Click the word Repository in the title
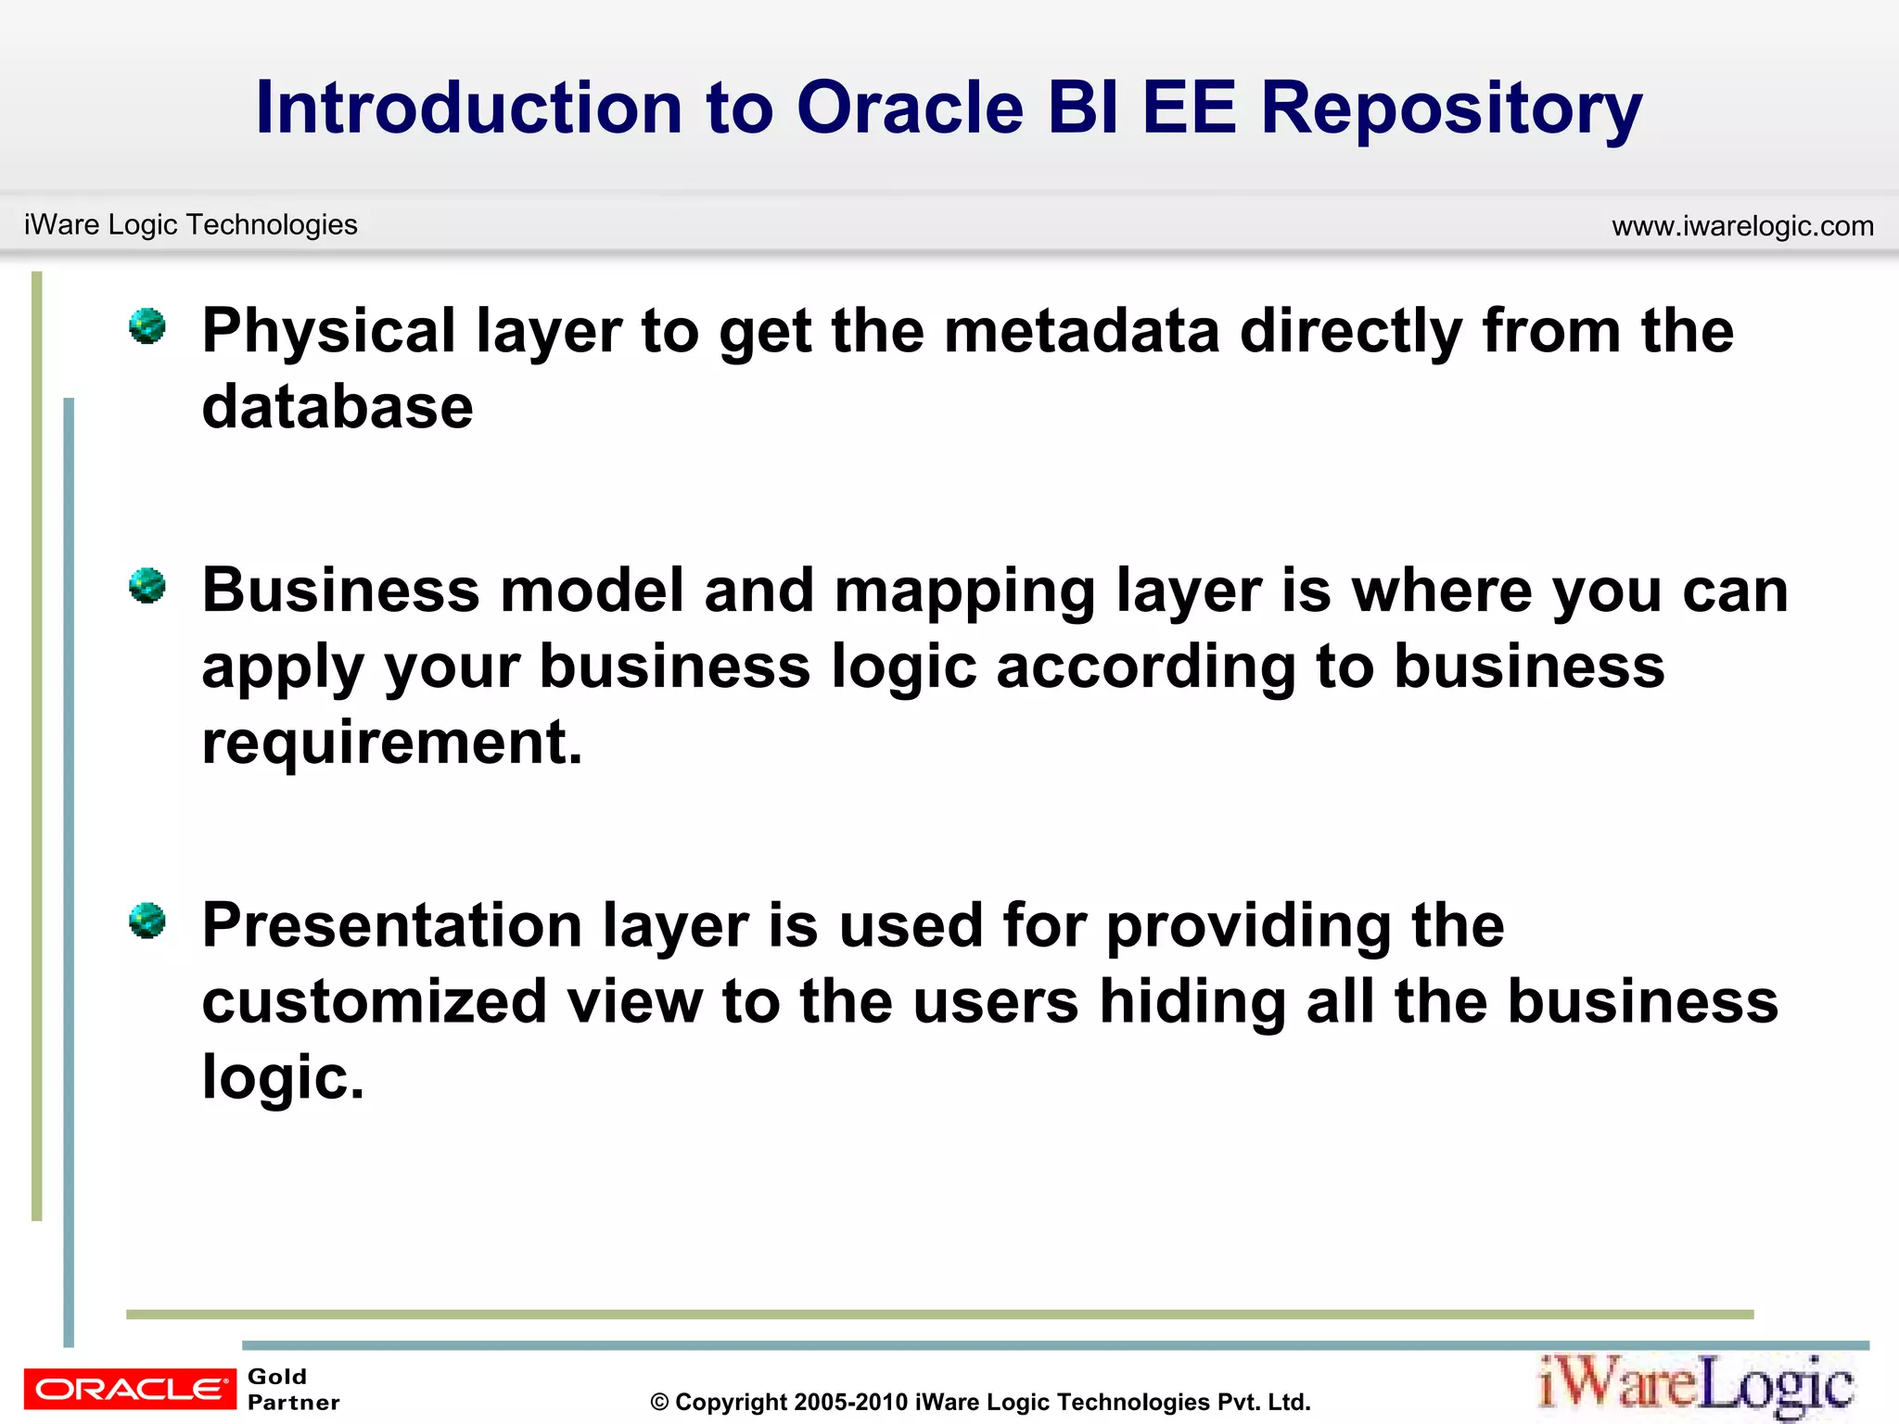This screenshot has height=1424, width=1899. click(x=1451, y=109)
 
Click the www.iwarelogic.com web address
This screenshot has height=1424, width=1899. click(x=1742, y=226)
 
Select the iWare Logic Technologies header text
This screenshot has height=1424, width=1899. click(x=191, y=224)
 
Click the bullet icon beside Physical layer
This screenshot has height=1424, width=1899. click(x=147, y=326)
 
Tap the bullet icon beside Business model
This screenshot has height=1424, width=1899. click(x=147, y=586)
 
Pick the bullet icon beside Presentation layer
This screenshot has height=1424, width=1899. click(x=147, y=921)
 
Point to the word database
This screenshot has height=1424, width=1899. click(x=338, y=407)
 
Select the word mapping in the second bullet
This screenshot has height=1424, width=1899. click(x=964, y=592)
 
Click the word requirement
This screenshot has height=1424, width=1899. click(x=391, y=743)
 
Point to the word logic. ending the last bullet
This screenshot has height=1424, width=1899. click(x=283, y=1078)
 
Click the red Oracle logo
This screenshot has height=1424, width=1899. click(x=130, y=1389)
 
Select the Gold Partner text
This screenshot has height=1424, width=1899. click(x=293, y=1390)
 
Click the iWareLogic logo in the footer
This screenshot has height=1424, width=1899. click(x=1696, y=1386)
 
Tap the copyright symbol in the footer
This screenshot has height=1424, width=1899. click(x=659, y=1403)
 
